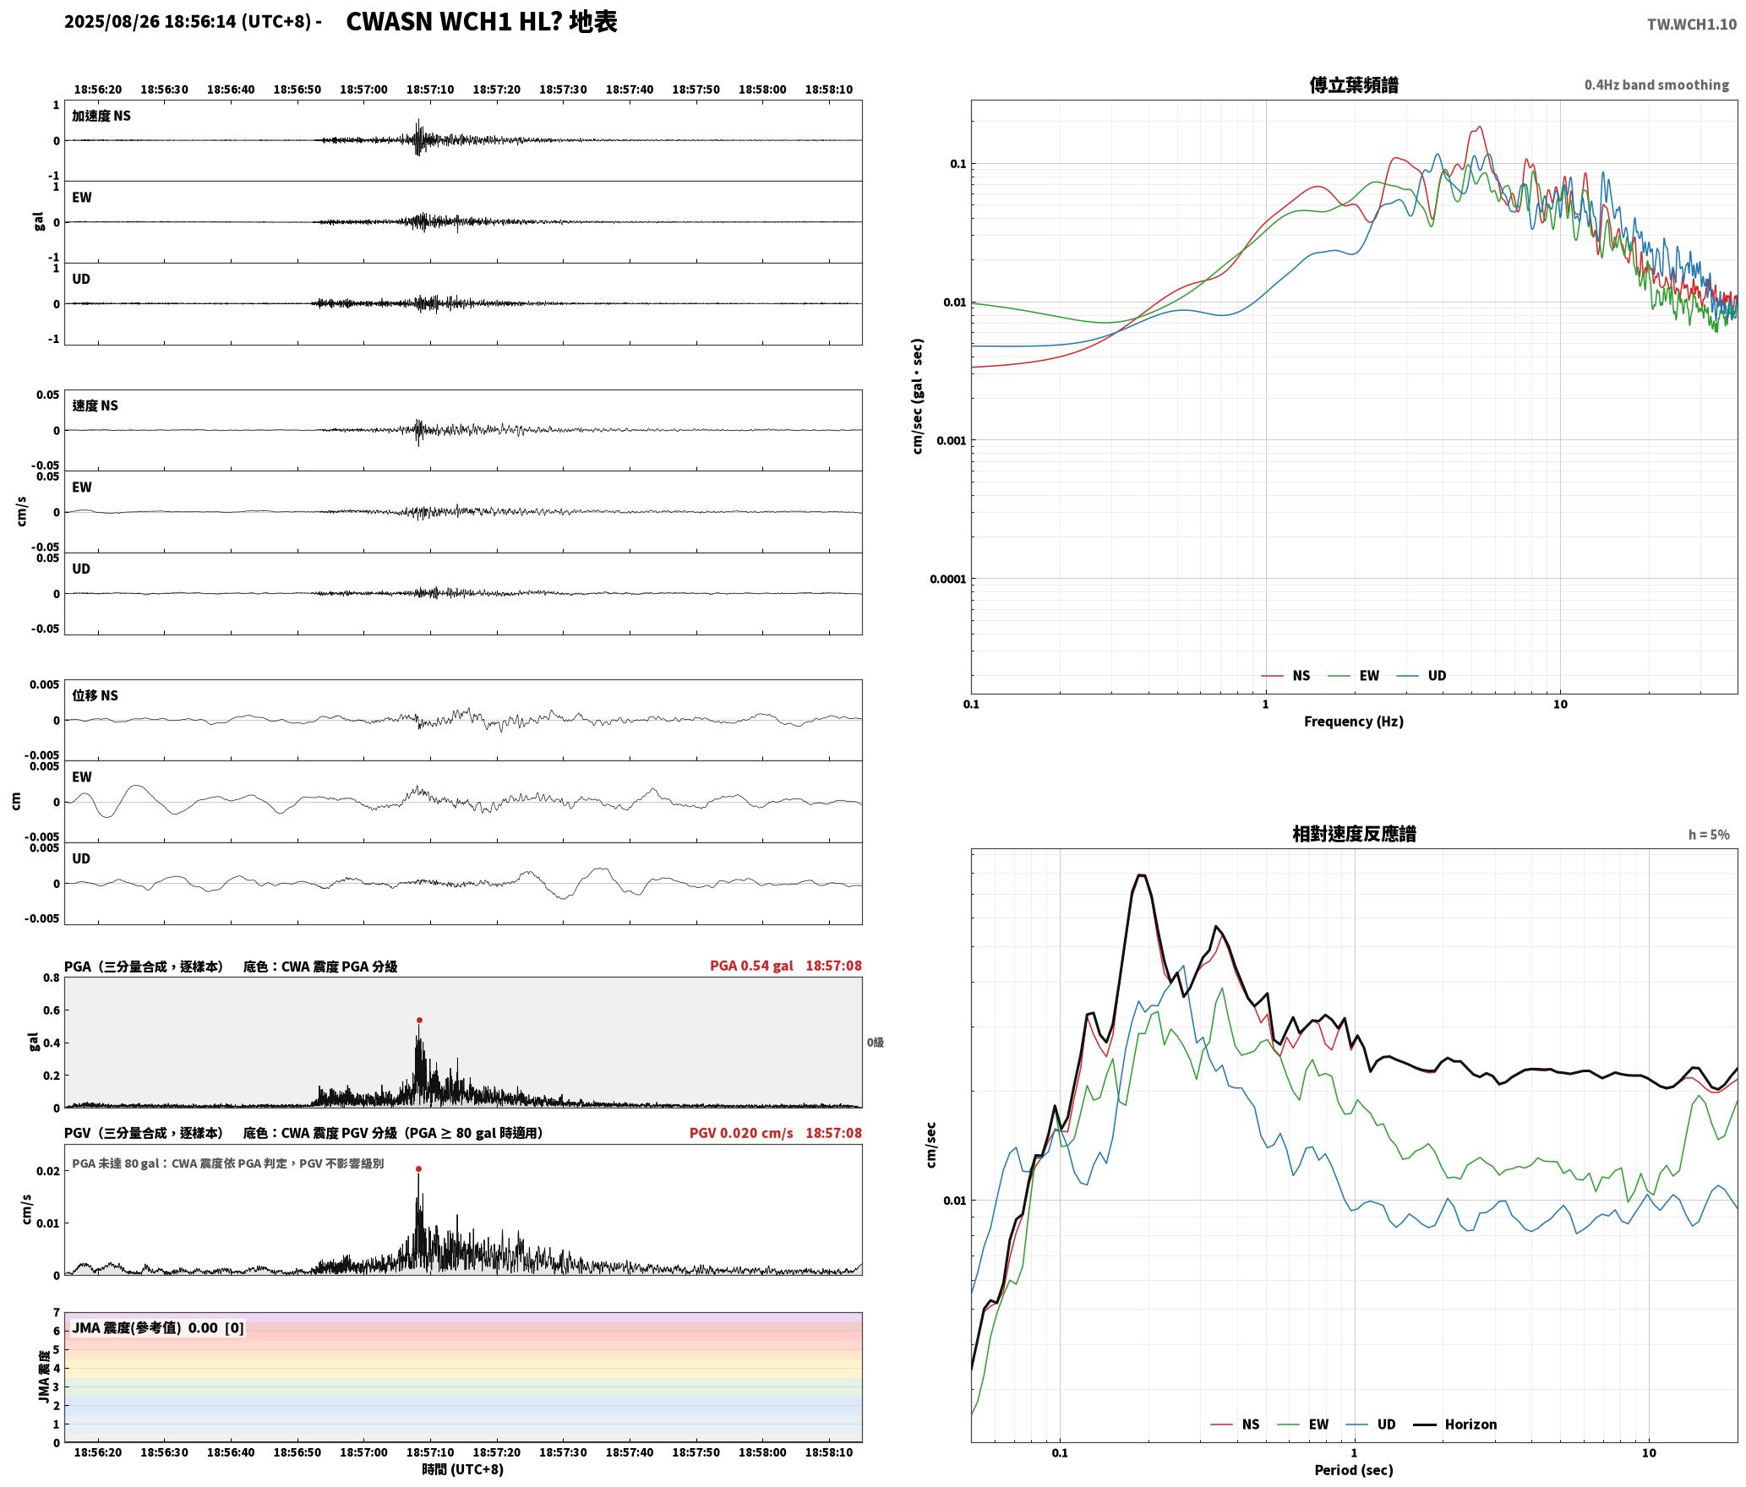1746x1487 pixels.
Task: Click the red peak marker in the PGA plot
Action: click(419, 1021)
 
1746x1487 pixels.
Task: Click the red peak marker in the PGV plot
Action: click(418, 1169)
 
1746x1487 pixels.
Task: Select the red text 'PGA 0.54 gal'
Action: click(751, 966)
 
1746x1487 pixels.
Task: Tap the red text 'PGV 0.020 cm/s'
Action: click(741, 1133)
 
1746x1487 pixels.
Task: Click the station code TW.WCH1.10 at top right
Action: click(1692, 25)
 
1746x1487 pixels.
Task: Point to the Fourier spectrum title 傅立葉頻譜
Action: click(1354, 85)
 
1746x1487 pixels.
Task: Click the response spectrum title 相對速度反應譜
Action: click(1354, 834)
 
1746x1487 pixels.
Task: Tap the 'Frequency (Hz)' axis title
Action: click(1354, 722)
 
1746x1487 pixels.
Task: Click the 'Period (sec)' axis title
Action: click(1354, 1470)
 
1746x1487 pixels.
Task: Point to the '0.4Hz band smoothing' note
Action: click(1656, 85)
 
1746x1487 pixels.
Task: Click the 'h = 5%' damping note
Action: click(1709, 835)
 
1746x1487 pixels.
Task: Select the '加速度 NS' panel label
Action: click(101, 116)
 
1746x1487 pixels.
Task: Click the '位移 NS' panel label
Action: click(95, 695)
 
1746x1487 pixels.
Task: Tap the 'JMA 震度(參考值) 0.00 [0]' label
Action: click(158, 1328)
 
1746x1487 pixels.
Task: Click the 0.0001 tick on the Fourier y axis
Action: click(947, 580)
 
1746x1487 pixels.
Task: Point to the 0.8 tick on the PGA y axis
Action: click(52, 978)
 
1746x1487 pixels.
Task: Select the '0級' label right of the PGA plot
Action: click(876, 1043)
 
